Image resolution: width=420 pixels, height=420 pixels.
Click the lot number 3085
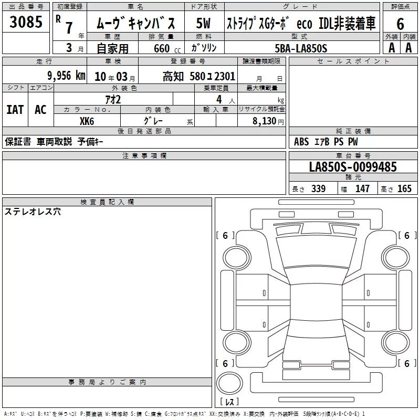[x=26, y=22]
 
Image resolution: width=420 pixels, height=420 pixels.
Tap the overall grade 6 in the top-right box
[x=400, y=24]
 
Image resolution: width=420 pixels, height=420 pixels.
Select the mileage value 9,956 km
[x=67, y=76]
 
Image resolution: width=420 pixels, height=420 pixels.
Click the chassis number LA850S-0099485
[x=353, y=167]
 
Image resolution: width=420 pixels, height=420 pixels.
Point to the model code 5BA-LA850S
[x=301, y=48]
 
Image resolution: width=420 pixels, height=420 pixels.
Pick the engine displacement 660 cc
[x=167, y=48]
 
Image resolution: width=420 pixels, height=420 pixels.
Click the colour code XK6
[x=87, y=121]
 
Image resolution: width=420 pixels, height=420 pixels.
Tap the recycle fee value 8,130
[x=265, y=121]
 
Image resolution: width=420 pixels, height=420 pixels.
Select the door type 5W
[x=203, y=23]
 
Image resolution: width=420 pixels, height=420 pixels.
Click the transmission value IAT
[x=15, y=110]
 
